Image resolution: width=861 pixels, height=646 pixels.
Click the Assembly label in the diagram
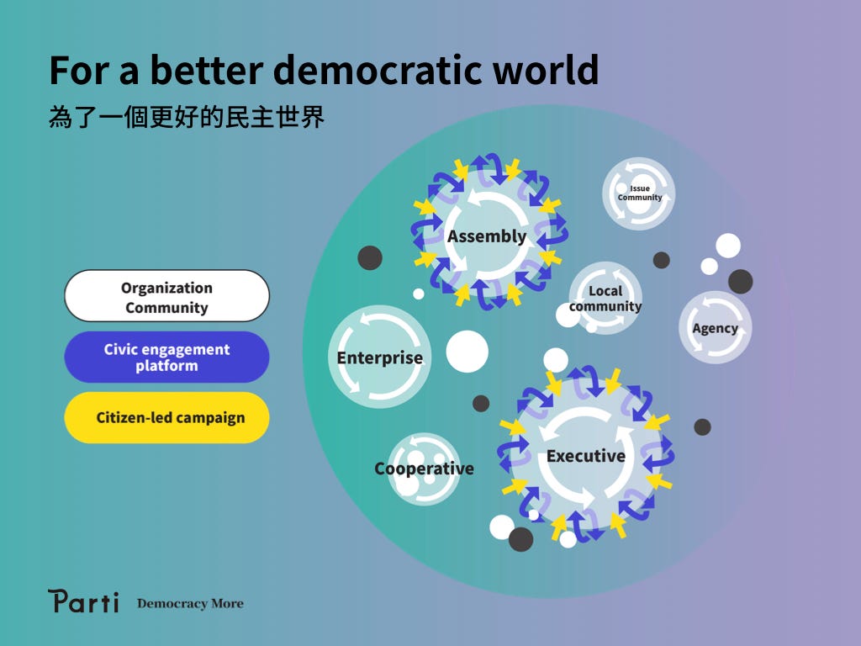pyautogui.click(x=487, y=236)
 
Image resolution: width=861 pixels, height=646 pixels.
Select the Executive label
pyautogui.click(x=586, y=456)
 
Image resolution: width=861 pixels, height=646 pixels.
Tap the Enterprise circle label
pyautogui.click(x=379, y=357)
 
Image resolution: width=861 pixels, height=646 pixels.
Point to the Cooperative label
pyautogui.click(x=424, y=469)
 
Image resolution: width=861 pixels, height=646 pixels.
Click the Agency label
pyautogui.click(x=715, y=329)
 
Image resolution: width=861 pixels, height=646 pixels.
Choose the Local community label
pyautogui.click(x=605, y=299)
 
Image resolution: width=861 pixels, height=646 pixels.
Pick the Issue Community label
pyautogui.click(x=640, y=193)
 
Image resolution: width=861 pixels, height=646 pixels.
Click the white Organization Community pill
pyautogui.click(x=167, y=295)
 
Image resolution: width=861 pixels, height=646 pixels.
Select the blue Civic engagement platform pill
pyautogui.click(x=167, y=357)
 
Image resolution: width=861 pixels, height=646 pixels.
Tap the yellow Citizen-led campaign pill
pyautogui.click(x=167, y=417)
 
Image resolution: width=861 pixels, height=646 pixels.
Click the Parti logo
pyautogui.click(x=83, y=601)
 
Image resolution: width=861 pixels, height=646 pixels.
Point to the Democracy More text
pyautogui.click(x=190, y=604)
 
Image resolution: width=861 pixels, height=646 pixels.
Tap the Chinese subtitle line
pyautogui.click(x=187, y=117)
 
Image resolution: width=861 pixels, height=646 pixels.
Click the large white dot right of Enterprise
pyautogui.click(x=467, y=352)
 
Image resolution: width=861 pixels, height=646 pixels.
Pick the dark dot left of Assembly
pyautogui.click(x=370, y=257)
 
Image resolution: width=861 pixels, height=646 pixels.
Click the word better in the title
pyautogui.click(x=207, y=71)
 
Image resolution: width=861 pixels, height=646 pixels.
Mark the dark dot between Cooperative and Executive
pyautogui.click(x=481, y=404)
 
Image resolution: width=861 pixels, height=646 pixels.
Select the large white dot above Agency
pyautogui.click(x=728, y=246)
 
